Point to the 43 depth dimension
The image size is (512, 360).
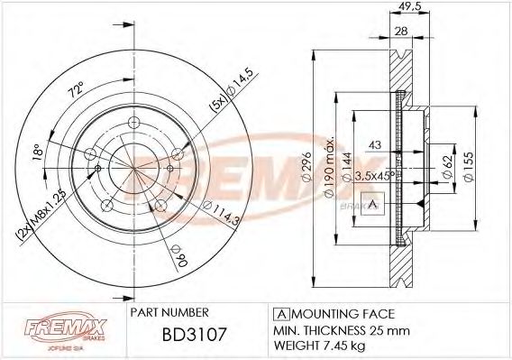[373, 146]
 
